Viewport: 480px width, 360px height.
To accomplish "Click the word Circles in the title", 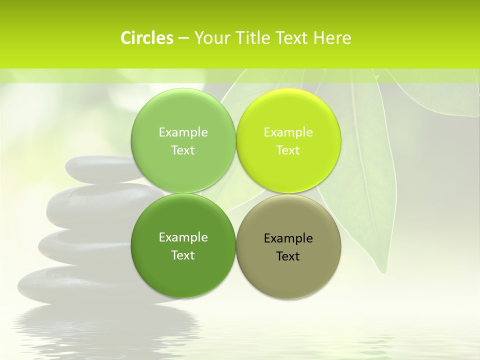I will point(146,38).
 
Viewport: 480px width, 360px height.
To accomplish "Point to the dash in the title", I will point(183,38).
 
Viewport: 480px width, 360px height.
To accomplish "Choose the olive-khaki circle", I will point(288,272).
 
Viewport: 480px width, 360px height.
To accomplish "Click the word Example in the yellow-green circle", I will point(288,132).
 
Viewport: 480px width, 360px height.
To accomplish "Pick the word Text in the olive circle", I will point(288,256).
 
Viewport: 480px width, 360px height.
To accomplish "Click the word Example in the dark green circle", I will point(183,237).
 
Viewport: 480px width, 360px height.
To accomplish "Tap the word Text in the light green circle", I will point(183,150).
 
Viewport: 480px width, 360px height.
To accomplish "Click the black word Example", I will point(288,238).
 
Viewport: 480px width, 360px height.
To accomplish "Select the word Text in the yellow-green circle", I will point(288,150).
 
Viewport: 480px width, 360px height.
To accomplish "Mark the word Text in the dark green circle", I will point(183,255).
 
